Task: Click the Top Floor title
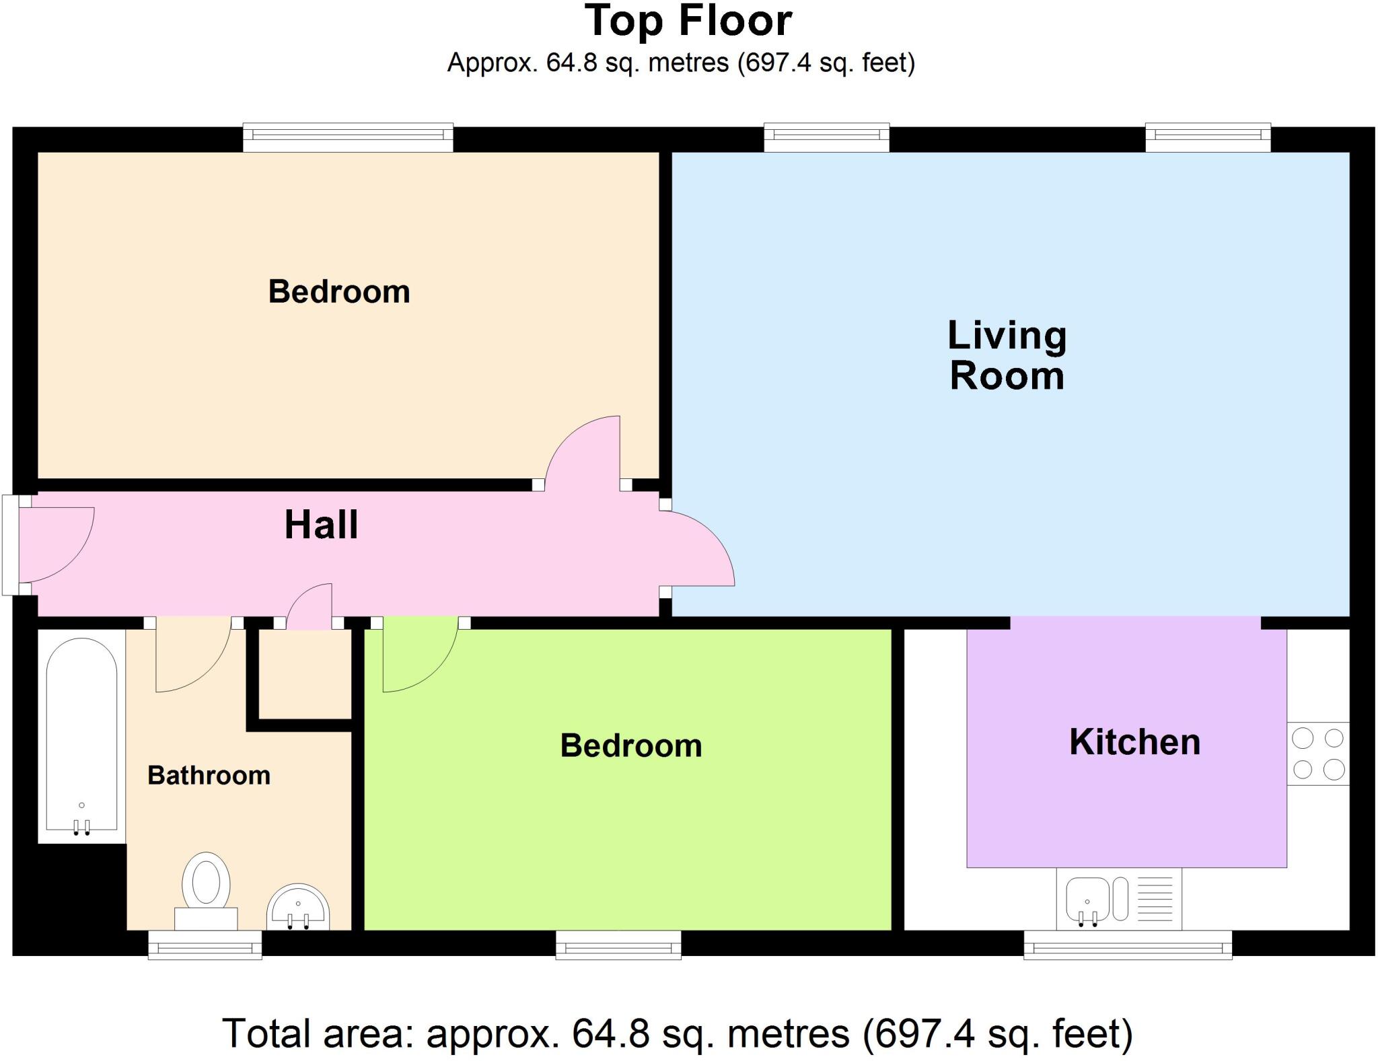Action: coord(688,22)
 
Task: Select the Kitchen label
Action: coord(1134,742)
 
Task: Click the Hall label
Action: coord(321,525)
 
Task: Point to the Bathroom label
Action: coord(209,776)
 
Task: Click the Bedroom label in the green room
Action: coord(630,745)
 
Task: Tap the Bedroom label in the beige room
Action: coord(339,291)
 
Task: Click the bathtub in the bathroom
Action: coord(81,737)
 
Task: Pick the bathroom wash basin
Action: coord(297,908)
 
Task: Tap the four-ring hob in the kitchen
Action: coord(1317,754)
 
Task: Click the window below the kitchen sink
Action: coord(1127,945)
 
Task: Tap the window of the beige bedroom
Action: coord(348,137)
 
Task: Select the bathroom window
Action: coord(205,945)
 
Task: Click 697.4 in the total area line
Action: coord(921,1033)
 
